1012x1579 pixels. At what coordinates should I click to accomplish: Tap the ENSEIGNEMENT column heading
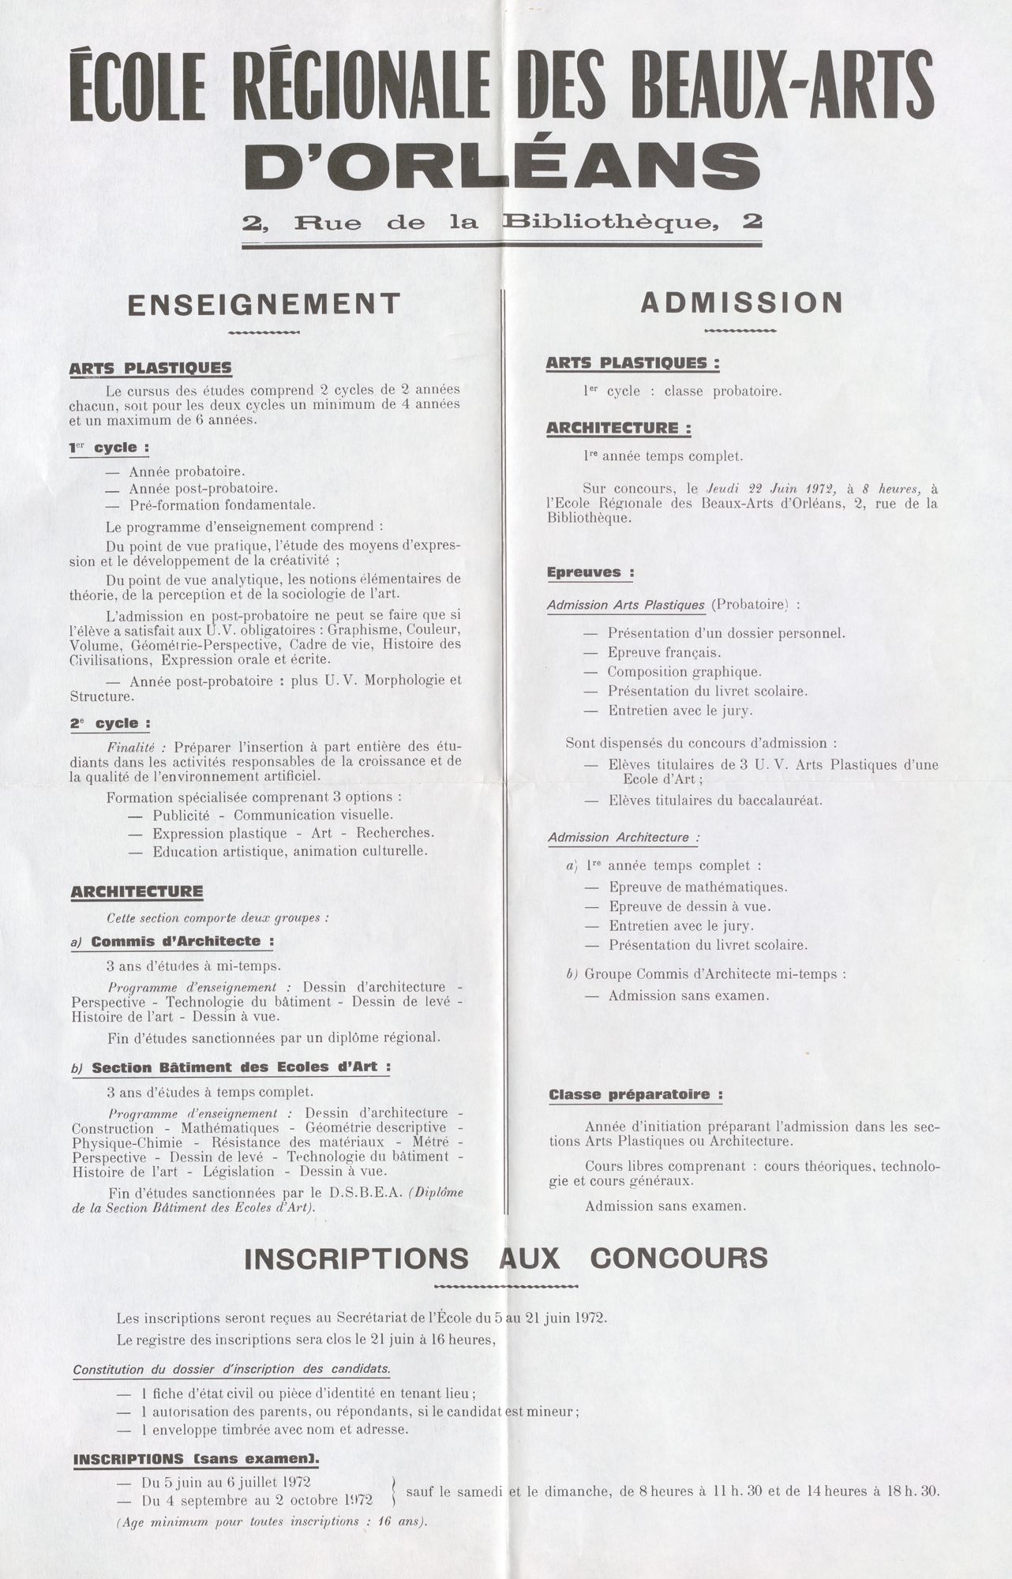(264, 304)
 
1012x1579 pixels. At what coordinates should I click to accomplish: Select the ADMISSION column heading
(741, 302)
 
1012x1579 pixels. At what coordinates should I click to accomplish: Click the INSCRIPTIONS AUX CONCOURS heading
(505, 1258)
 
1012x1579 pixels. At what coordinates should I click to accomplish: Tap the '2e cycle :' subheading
(110, 723)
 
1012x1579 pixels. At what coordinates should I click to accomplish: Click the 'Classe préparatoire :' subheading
(635, 1095)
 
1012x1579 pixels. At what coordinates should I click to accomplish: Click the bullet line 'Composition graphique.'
(684, 672)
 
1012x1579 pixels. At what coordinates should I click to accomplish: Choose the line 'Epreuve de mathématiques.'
(698, 887)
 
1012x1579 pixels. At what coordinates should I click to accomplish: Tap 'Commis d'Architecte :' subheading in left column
(182, 941)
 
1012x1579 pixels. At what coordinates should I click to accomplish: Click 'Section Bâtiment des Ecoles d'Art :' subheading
(241, 1067)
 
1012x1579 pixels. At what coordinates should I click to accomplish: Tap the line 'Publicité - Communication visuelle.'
(272, 815)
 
